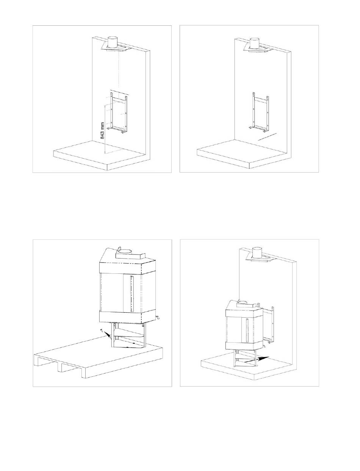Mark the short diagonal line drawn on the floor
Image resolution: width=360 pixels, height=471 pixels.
coord(268,137)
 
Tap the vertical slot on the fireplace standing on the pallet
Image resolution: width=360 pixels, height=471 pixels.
coord(131,293)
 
